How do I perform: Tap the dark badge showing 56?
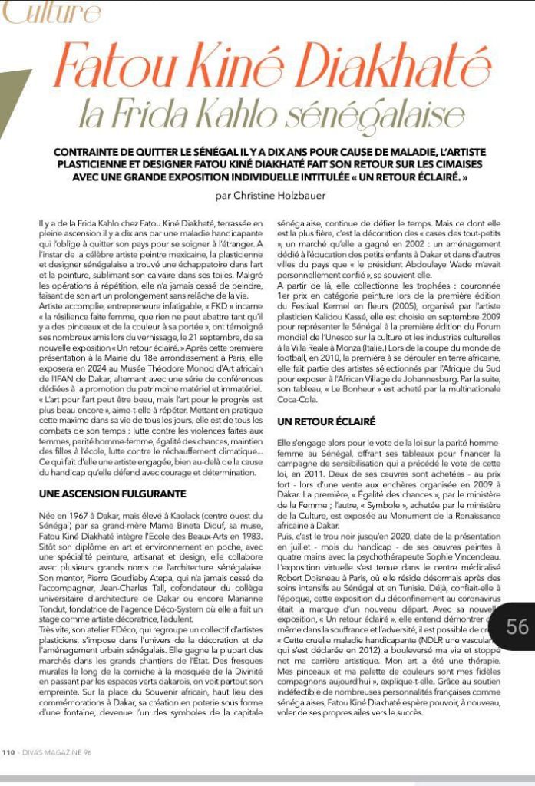(x=517, y=626)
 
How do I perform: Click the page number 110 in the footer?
(x=10, y=752)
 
